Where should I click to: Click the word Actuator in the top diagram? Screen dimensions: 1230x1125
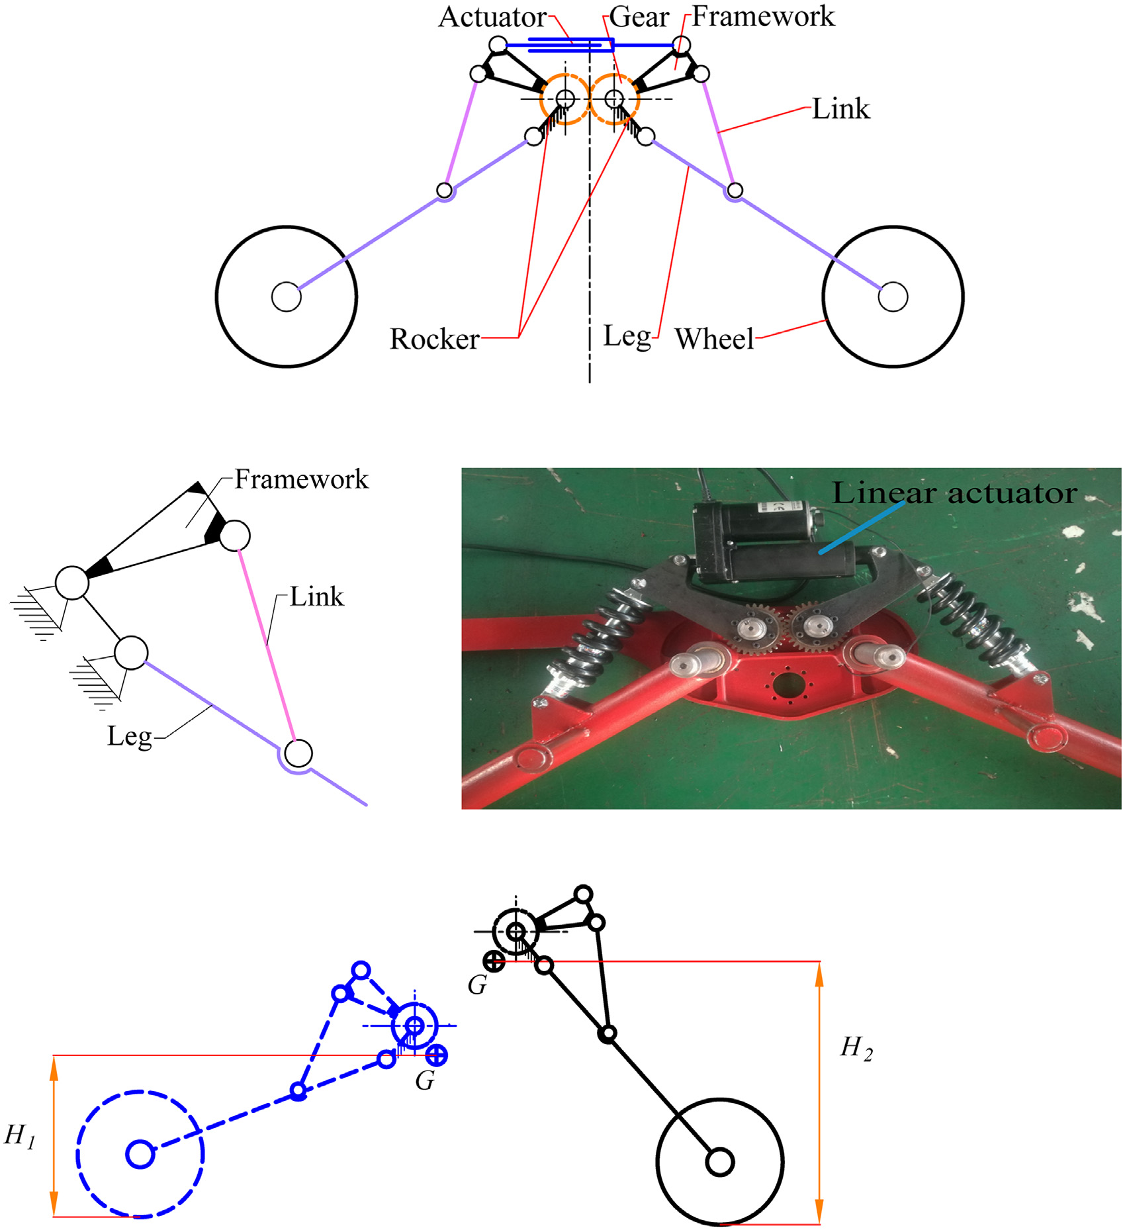(x=492, y=18)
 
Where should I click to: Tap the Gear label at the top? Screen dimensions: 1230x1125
(x=639, y=18)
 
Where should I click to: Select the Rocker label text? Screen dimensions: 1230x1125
(x=434, y=339)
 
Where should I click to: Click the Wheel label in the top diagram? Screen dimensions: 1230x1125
(x=714, y=339)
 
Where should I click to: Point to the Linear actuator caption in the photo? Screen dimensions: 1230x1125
(x=954, y=493)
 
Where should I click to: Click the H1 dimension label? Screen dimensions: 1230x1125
(x=19, y=1136)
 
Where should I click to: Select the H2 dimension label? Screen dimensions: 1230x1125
(x=856, y=1048)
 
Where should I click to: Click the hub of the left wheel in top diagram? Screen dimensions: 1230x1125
(x=287, y=297)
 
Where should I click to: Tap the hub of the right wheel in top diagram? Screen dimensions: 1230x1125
(x=893, y=297)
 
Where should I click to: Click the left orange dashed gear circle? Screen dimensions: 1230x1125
(x=564, y=99)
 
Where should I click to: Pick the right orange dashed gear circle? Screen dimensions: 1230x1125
(x=615, y=99)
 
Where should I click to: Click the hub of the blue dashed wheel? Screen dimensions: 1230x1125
(x=140, y=1154)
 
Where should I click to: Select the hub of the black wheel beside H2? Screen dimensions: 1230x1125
(x=720, y=1162)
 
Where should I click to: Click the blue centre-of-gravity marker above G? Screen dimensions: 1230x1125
(x=437, y=1055)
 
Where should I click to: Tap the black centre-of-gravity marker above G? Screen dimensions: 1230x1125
(x=494, y=961)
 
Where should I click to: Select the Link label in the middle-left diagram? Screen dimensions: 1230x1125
(x=317, y=597)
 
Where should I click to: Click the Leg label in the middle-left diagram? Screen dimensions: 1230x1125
(x=130, y=736)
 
